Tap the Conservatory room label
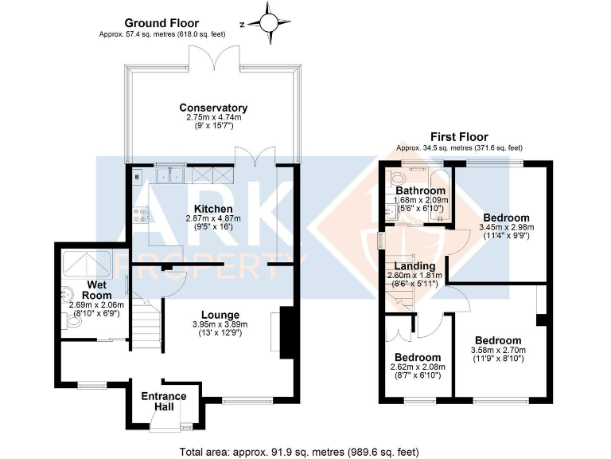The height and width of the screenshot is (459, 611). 213,108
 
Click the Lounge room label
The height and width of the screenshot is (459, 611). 220,315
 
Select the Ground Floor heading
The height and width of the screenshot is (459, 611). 161,23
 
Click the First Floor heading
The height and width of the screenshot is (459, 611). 459,137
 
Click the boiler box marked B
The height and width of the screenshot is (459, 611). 138,176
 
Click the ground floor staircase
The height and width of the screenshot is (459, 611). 146,324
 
